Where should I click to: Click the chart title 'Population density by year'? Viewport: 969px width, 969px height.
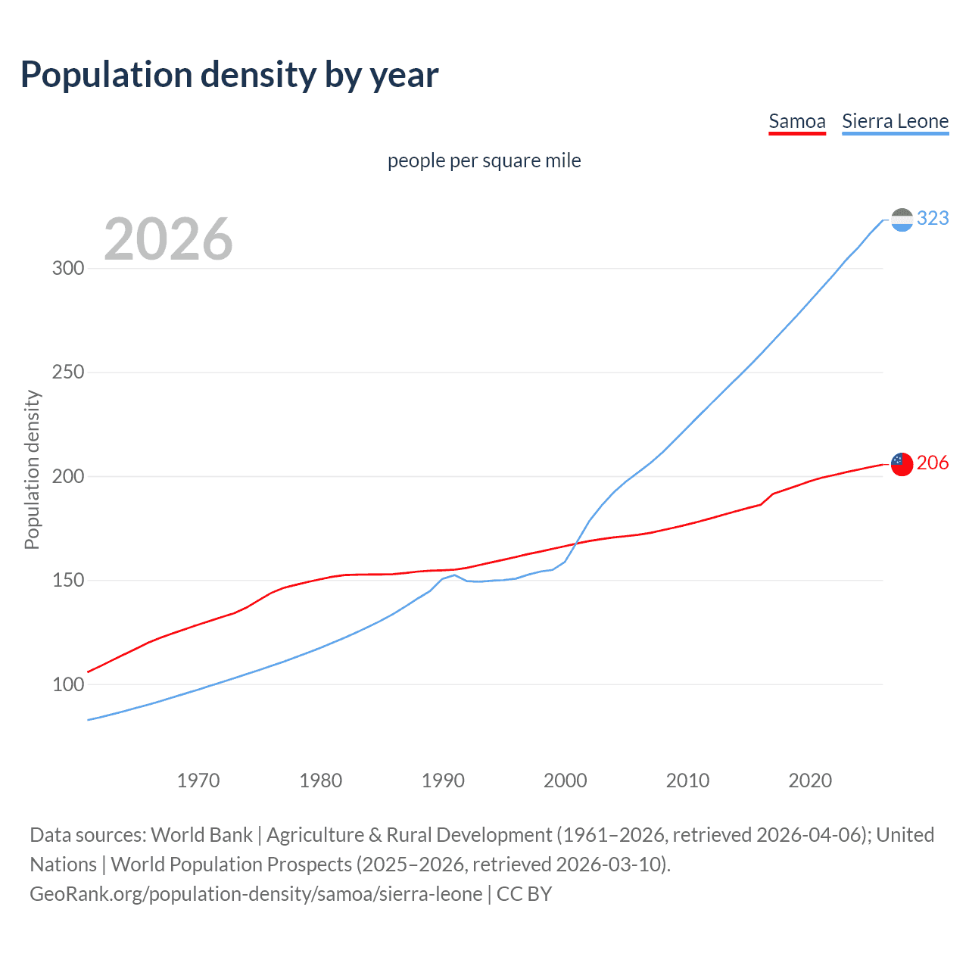229,75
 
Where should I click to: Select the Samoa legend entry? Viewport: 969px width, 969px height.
796,121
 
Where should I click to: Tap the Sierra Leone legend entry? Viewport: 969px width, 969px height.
895,121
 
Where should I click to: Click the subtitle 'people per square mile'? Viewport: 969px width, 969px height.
484,161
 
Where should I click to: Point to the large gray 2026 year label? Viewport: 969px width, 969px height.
168,239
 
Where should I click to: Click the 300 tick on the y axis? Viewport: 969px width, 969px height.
68,269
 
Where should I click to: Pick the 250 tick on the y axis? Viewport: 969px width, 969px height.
68,372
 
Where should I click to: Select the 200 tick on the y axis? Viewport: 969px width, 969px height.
68,477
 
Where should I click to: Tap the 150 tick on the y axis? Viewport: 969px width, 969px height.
68,581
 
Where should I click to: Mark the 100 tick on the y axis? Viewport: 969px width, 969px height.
68,684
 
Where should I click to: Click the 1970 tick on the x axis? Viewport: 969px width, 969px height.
198,780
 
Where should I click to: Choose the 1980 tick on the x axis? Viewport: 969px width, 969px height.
320,780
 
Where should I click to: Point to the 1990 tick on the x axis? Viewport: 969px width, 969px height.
443,780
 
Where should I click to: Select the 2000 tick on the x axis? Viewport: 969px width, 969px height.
566,780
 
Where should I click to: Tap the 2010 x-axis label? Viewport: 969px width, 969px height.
687,780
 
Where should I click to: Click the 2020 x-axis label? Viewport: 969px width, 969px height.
810,780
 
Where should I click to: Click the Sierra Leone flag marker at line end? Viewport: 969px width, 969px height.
902,220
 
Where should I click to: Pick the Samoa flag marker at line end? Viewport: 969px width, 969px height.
902,464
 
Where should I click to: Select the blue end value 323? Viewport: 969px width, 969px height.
933,219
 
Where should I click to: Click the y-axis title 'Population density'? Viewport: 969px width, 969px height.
32,469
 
